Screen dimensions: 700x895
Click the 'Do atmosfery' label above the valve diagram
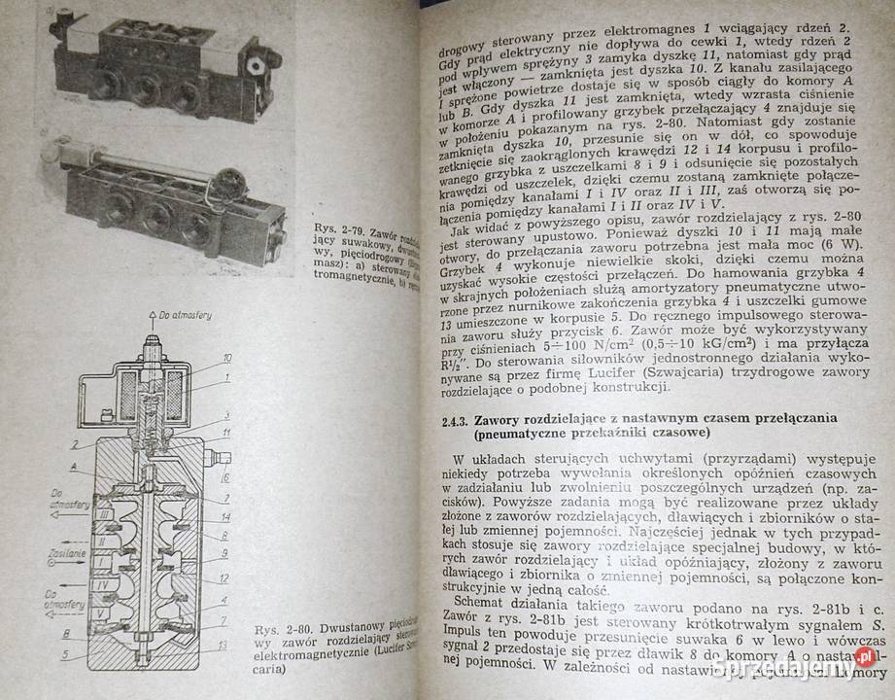tap(182, 315)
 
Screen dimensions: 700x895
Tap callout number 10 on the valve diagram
tap(226, 357)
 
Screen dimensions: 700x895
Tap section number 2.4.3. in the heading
tap(447, 422)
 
